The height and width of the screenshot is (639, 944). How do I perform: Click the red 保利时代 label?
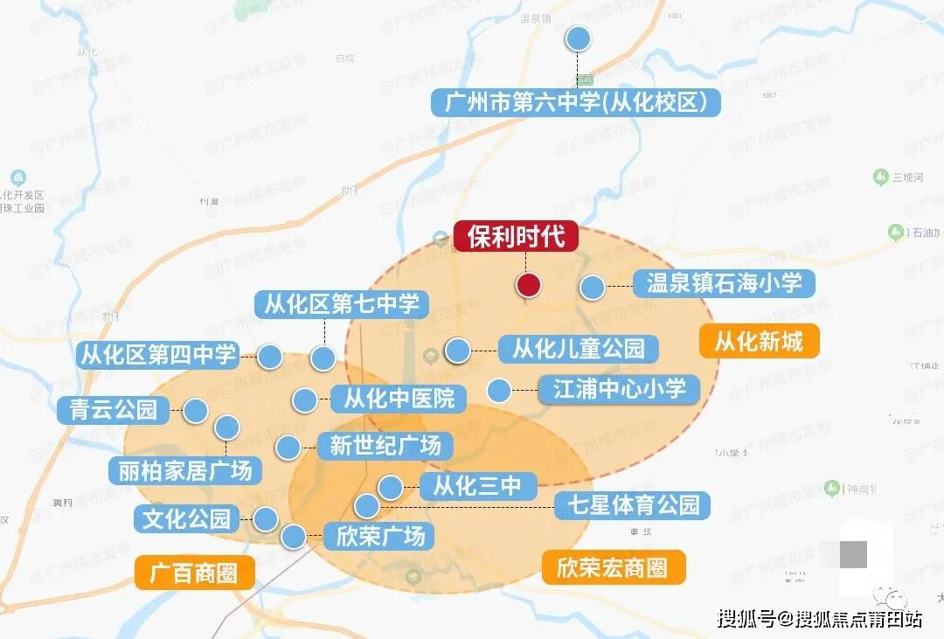516,237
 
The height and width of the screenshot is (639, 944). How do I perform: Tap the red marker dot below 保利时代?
528,285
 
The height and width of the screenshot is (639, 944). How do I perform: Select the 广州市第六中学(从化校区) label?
576,102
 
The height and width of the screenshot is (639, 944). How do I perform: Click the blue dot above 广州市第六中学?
578,38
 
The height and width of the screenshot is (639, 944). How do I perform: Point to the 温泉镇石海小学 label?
724,283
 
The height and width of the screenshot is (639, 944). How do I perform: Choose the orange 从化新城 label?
759,341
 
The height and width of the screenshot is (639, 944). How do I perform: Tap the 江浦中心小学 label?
619,388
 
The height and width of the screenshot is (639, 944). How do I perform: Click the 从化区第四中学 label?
157,355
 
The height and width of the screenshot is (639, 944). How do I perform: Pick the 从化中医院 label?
399,399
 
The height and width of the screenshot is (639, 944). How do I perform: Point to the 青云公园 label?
113,410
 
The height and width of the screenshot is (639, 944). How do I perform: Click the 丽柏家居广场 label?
184,470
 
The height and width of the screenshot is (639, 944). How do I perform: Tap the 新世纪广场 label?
385,446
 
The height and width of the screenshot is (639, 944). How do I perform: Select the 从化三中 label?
476,486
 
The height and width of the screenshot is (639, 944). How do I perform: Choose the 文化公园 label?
186,518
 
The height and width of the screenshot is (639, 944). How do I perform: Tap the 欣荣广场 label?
379,535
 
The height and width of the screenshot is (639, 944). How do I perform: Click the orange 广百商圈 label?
195,573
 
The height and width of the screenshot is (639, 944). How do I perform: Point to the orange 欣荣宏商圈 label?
612,568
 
